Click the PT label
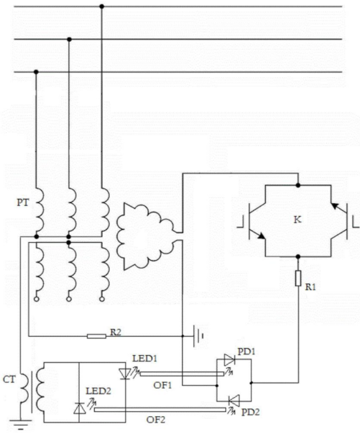tap(23, 202)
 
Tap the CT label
tap(9, 379)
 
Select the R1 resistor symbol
tap(298, 278)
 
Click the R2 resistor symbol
tap(97, 336)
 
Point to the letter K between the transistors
tap(298, 220)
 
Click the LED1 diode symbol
tap(125, 373)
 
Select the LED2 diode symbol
tap(79, 408)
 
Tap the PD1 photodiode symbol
tap(229, 360)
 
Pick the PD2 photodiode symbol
tap(234, 401)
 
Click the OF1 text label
tap(162, 385)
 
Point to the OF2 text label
tap(155, 420)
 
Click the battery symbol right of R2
tap(198, 336)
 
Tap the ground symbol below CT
tap(20, 424)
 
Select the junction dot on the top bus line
tap(102, 6)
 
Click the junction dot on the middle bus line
tap(69, 40)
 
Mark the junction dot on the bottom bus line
tap(36, 72)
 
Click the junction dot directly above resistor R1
tap(298, 257)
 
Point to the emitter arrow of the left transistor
tap(262, 236)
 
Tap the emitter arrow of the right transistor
tap(335, 206)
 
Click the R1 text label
tap(310, 287)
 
